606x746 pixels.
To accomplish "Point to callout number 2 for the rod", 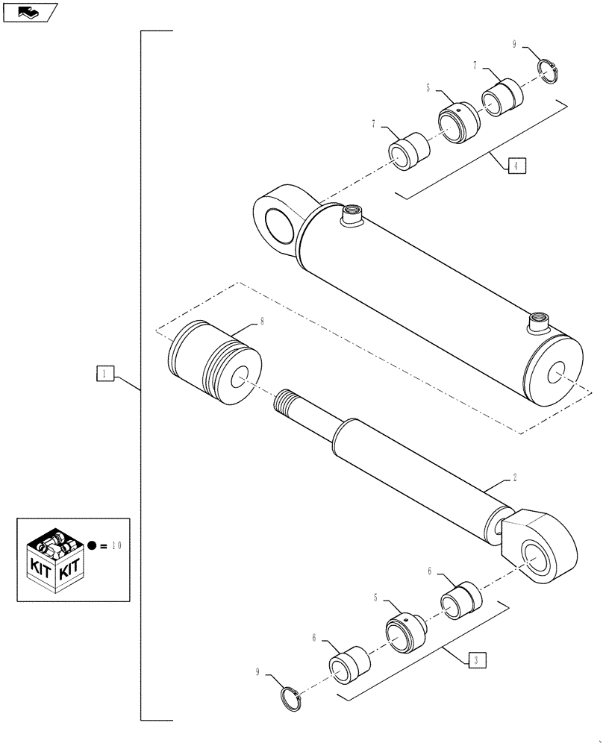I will click(514, 476).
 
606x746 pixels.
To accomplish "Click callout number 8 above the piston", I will click(261, 322).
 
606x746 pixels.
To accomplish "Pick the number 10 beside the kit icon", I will click(116, 545).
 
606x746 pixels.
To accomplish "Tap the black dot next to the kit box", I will click(91, 545).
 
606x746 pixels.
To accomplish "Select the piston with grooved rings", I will click(215, 361).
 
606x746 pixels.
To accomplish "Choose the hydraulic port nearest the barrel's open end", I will click(537, 324).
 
